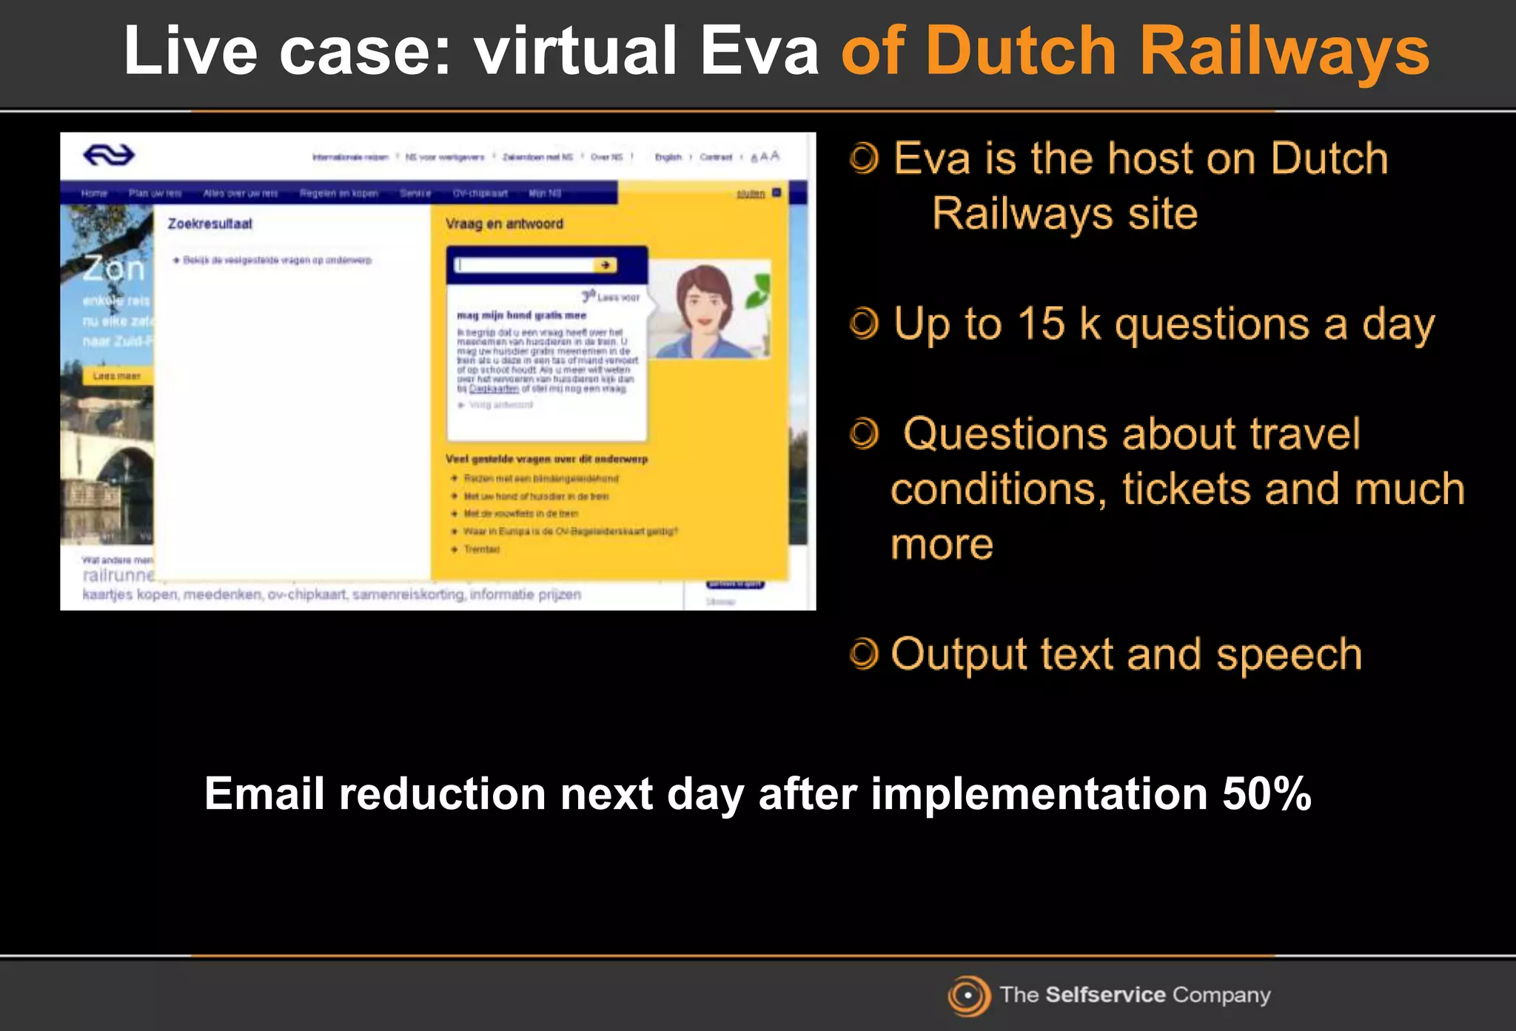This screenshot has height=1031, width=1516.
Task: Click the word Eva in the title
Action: [x=759, y=52]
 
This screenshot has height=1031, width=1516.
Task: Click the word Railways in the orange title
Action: [x=1284, y=52]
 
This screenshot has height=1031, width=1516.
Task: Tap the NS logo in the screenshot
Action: [x=109, y=155]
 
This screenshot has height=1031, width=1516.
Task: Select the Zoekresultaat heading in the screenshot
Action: [x=209, y=224]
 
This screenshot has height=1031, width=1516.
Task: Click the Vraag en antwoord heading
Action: [x=504, y=224]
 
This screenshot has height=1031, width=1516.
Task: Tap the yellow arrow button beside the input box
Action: [x=606, y=265]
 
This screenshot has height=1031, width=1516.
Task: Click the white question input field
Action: [x=524, y=265]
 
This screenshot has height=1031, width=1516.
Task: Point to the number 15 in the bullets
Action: [x=1041, y=324]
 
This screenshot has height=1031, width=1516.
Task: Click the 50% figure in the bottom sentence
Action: [x=1267, y=794]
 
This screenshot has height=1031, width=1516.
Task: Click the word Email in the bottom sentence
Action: [x=264, y=794]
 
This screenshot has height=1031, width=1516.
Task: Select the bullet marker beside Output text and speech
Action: [x=864, y=654]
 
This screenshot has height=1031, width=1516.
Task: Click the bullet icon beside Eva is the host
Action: [x=864, y=158]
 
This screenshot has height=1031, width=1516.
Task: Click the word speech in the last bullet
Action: [x=1289, y=654]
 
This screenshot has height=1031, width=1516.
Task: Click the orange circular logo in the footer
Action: [x=968, y=995]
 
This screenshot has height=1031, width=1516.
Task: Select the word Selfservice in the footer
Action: [x=1105, y=995]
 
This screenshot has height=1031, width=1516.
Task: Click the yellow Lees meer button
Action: [x=117, y=376]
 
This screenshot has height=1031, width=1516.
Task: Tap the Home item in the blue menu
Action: [x=94, y=193]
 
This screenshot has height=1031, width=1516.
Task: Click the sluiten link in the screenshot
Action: [x=750, y=194]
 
